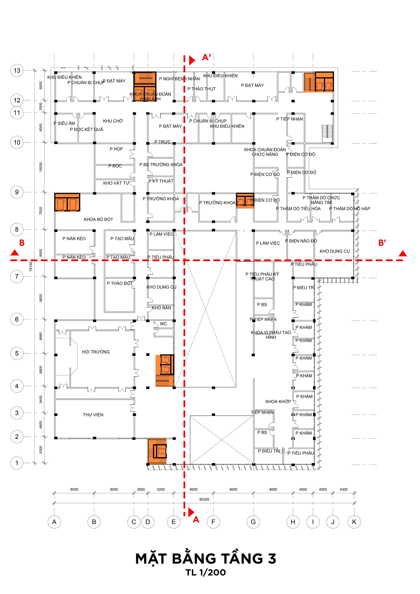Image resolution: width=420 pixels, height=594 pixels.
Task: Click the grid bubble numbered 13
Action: click(x=17, y=71)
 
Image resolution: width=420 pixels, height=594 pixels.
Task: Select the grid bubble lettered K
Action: click(x=354, y=522)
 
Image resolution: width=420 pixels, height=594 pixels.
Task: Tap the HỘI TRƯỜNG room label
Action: click(x=96, y=352)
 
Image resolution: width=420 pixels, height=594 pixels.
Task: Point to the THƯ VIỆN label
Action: click(x=93, y=415)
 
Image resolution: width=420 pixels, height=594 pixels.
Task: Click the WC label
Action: click(x=163, y=324)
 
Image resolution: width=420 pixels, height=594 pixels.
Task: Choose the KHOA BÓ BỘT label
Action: click(x=98, y=219)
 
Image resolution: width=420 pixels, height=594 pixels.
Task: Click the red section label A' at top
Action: click(x=206, y=57)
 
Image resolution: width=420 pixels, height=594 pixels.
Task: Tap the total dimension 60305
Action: click(x=204, y=499)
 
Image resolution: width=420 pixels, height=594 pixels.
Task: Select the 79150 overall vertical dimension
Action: click(x=31, y=267)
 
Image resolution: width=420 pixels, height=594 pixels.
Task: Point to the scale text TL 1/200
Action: click(x=206, y=572)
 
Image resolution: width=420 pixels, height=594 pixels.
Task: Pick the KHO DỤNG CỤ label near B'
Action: click(x=335, y=251)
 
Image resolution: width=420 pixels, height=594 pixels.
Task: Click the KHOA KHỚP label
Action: click(x=278, y=401)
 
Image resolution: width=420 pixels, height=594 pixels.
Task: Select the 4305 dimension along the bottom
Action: click(x=343, y=490)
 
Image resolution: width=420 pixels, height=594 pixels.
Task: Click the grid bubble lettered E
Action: click(x=173, y=522)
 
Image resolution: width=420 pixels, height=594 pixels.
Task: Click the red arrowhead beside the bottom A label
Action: click(x=191, y=512)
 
